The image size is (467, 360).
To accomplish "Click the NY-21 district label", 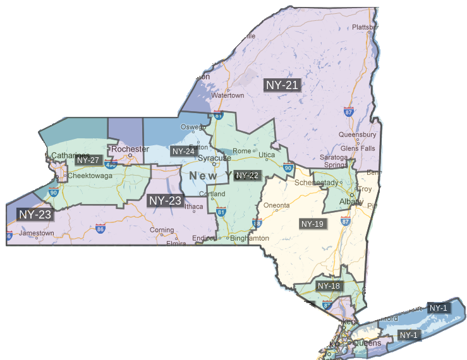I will point(282,85).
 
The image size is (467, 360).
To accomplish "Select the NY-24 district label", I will point(183,152).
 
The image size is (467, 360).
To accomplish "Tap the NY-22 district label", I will point(247,175).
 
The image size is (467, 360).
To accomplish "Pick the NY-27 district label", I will point(88,160).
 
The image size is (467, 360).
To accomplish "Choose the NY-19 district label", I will point(312,224).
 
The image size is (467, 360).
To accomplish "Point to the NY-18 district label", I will point(329,286).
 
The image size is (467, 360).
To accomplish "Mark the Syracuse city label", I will point(214,158).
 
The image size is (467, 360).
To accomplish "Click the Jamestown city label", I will point(36,233).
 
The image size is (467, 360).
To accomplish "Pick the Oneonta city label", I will point(277,205).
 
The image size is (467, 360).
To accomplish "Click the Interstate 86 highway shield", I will point(100,229).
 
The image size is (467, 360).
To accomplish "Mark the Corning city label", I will point(162,231).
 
